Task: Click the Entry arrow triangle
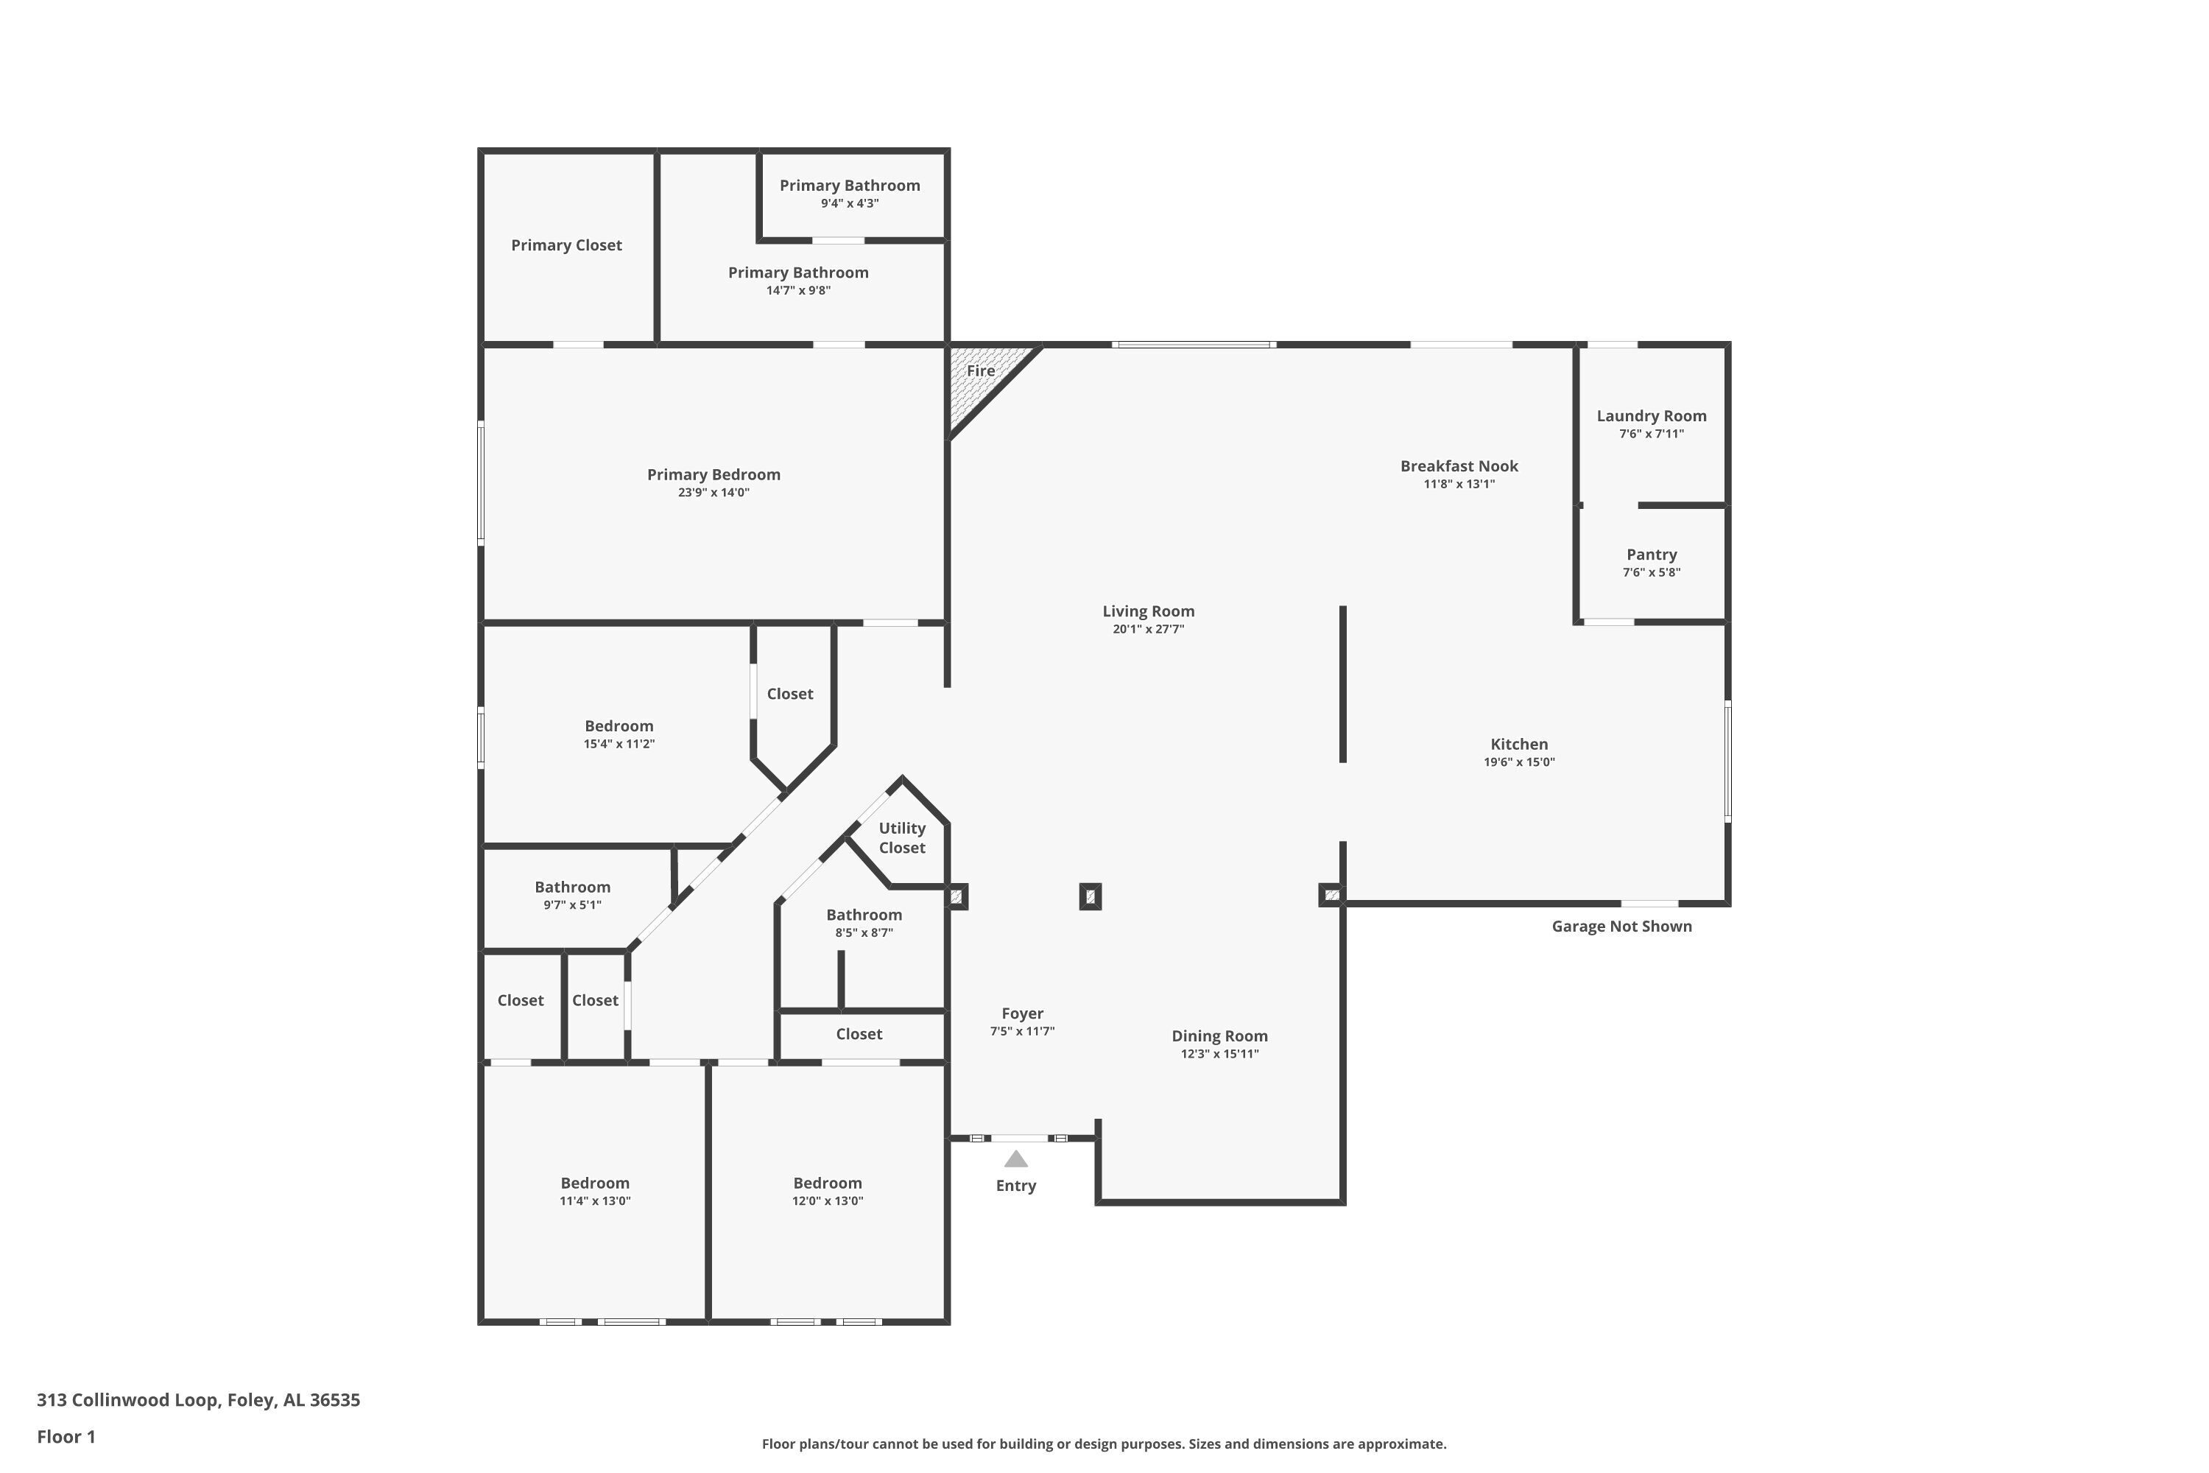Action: pos(1015,1159)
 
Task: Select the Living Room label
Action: pos(1148,611)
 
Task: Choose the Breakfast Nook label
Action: pos(1459,466)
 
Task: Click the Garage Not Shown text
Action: pos(1621,927)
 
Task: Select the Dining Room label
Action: pos(1219,1036)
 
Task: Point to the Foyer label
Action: pos(1022,1013)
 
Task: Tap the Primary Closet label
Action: pos(566,245)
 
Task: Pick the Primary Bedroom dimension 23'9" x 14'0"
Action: pos(713,492)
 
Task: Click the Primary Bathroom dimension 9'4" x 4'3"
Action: pos(849,203)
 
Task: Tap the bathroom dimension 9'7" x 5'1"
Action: pos(572,904)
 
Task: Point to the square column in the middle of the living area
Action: pos(1090,896)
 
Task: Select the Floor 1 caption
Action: pos(66,1436)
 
